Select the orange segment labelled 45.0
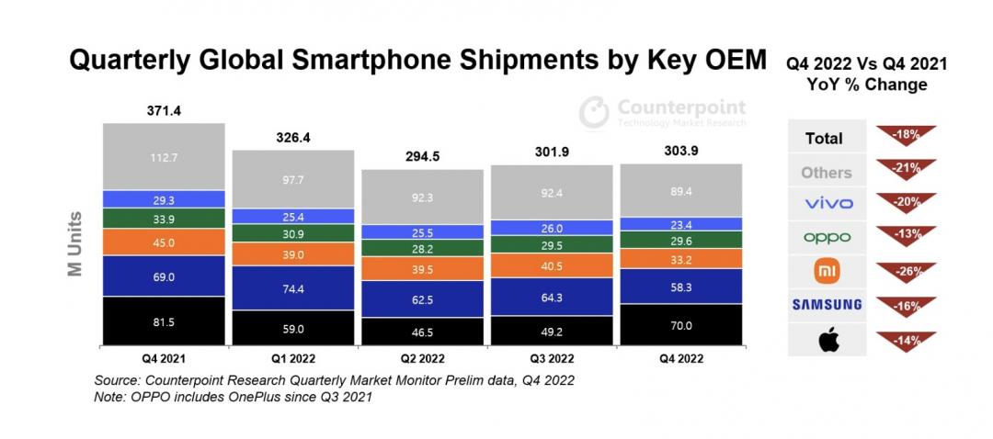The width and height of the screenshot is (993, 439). pyautogui.click(x=165, y=242)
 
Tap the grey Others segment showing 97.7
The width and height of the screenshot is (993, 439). pyautogui.click(x=293, y=179)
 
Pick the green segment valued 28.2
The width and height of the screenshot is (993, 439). pyautogui.click(x=423, y=247)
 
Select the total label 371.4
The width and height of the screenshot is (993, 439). pyautogui.click(x=164, y=111)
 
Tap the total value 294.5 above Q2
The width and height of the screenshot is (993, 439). pyautogui.click(x=423, y=156)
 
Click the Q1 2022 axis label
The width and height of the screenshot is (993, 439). pyautogui.click(x=293, y=357)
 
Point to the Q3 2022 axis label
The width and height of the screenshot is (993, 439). pyautogui.click(x=552, y=357)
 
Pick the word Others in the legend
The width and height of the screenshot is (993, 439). pyautogui.click(x=826, y=173)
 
